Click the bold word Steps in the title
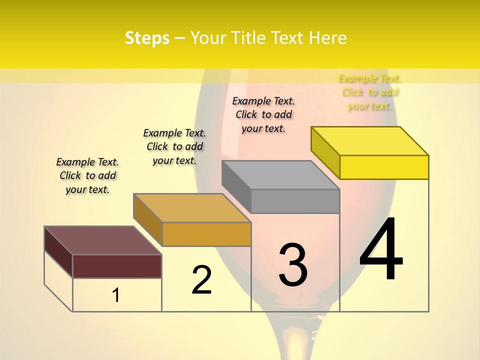[x=147, y=38]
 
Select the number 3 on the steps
[x=292, y=264]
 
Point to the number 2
[x=201, y=280]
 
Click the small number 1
[x=115, y=295]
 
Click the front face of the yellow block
[x=384, y=167]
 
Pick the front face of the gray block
[x=295, y=201]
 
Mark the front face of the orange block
[x=206, y=234]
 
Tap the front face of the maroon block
[x=117, y=266]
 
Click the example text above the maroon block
[x=87, y=175]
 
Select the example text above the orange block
[x=174, y=146]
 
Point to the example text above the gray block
[x=263, y=114]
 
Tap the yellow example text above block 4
[x=370, y=92]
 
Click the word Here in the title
[x=327, y=38]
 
